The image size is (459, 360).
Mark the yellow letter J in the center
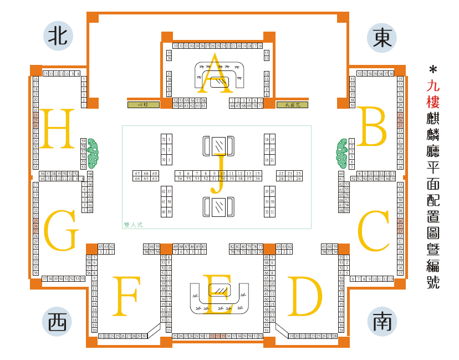pyautogui.click(x=217, y=175)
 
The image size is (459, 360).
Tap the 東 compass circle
pyautogui.click(x=382, y=37)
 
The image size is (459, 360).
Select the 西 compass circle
pyautogui.click(x=57, y=322)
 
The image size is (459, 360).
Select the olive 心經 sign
pyautogui.click(x=143, y=104)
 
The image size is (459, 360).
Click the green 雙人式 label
pyautogui.click(x=134, y=225)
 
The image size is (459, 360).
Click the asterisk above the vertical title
pyautogui.click(x=433, y=70)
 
